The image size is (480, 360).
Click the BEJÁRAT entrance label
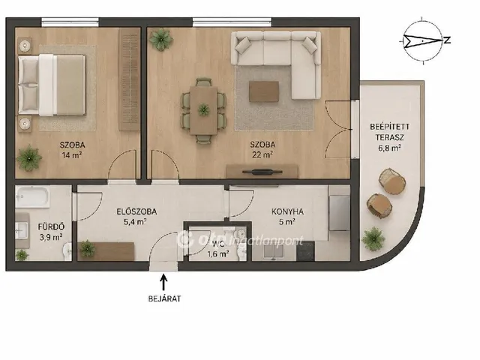tap(164, 298)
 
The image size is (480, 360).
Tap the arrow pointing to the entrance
tap(164, 282)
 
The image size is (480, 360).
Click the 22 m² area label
tap(262, 155)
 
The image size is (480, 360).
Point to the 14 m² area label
tap(72, 155)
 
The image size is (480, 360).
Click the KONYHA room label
tap(287, 211)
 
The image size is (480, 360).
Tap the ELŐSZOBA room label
tap(136, 211)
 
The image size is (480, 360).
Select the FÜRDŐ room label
tap(51, 226)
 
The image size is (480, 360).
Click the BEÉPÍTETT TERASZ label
tap(389, 132)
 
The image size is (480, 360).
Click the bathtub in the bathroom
tap(32, 196)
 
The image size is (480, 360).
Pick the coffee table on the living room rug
tap(264, 91)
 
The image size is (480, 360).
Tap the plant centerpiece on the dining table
tap(203, 109)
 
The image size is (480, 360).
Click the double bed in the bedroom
tap(52, 85)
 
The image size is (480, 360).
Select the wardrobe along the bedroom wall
tap(129, 79)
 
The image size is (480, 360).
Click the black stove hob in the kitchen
tap(305, 252)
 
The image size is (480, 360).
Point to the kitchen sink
tap(273, 252)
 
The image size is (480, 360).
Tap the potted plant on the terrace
tap(373, 238)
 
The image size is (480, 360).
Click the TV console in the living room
tap(262, 172)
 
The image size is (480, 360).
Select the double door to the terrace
tap(339, 129)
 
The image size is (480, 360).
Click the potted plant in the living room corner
tap(161, 40)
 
